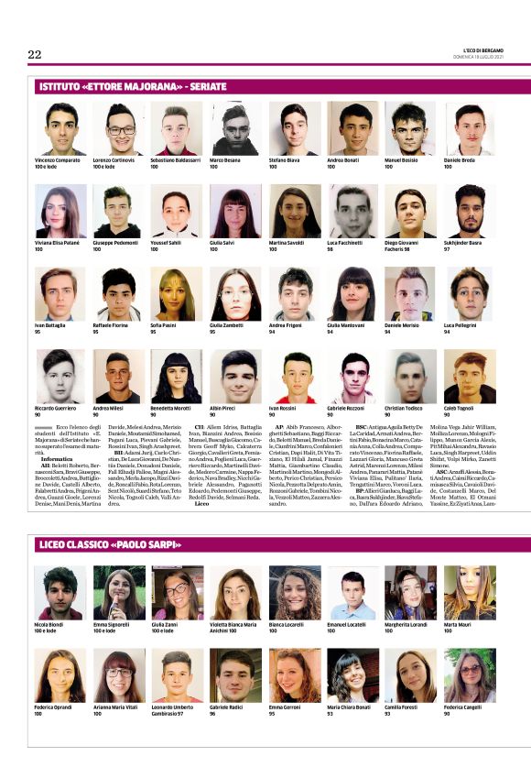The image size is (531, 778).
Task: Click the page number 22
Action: pyautogui.click(x=35, y=55)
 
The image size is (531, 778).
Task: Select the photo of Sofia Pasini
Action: pyautogui.click(x=178, y=293)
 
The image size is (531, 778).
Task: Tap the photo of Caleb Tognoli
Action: pyautogui.click(x=470, y=376)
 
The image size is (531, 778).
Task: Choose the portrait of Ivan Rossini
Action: pyautogui.click(x=294, y=376)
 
